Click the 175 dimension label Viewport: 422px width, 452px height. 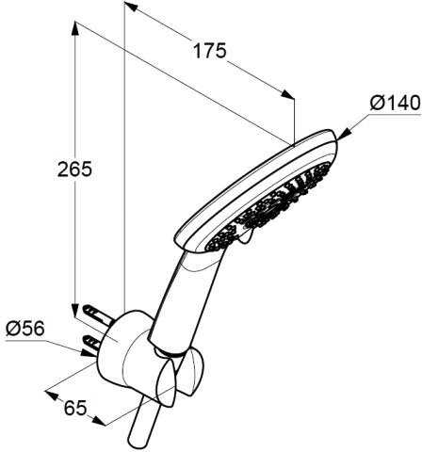coord(209,51)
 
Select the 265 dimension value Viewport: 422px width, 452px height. coord(74,169)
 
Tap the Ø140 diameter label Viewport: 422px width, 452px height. coord(395,103)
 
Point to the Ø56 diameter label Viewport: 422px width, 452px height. coord(25,329)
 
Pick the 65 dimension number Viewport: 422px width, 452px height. coord(75,408)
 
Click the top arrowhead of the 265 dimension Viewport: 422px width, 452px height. coord(75,29)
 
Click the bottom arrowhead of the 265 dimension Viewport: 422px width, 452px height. coord(75,310)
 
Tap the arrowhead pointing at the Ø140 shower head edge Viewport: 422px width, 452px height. coord(344,134)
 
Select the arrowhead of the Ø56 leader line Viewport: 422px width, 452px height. coord(89,353)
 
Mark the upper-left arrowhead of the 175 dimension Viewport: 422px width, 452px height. coord(131,7)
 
